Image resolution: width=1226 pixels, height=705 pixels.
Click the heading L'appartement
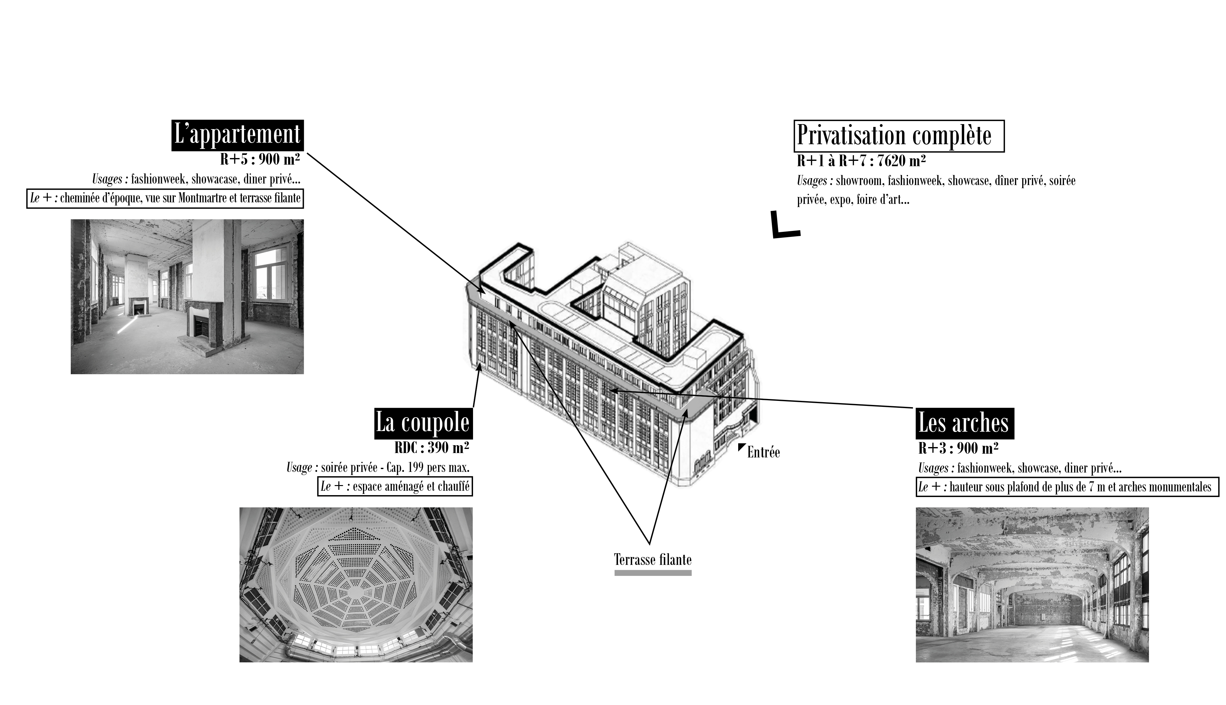pos(237,135)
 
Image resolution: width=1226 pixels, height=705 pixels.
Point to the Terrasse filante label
pos(653,560)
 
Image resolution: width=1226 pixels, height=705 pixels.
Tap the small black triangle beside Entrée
pos(741,446)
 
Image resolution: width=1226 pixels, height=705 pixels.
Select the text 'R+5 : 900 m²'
pos(260,159)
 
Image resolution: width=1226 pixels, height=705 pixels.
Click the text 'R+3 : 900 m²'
pos(958,448)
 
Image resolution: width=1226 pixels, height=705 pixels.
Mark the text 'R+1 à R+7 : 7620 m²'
pos(861,161)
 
